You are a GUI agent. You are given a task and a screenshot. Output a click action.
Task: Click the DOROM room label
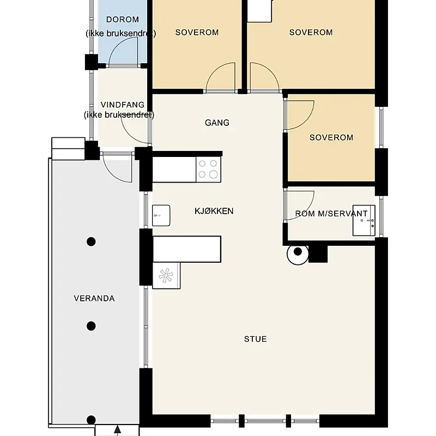123,20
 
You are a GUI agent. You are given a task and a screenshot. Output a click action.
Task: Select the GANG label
217,123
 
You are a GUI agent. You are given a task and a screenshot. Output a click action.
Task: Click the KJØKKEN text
214,211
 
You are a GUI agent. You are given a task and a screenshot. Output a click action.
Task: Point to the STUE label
256,339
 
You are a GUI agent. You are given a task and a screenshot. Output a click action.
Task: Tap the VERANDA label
94,298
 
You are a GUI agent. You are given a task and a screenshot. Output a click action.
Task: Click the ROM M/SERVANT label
331,214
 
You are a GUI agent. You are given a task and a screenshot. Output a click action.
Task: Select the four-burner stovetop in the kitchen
208,169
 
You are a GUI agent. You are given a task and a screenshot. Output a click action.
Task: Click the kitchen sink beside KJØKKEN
161,215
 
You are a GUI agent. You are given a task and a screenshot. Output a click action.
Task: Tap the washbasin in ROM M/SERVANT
364,221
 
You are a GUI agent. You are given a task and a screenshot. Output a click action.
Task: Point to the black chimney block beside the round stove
318,254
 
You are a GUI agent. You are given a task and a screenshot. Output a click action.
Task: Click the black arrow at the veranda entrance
118,431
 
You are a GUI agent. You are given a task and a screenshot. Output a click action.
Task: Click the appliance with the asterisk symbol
166,276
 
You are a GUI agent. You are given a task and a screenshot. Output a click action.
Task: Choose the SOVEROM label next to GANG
331,137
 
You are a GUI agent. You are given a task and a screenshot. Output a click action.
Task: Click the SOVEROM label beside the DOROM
197,32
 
